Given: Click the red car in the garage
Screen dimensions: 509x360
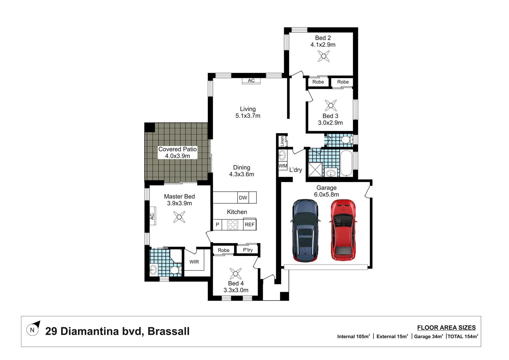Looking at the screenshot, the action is click(x=343, y=230).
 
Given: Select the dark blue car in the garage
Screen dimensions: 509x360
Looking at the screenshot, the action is click(x=305, y=230).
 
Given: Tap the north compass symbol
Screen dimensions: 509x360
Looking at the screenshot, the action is click(x=33, y=328).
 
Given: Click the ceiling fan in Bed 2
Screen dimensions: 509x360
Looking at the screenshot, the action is click(x=324, y=56).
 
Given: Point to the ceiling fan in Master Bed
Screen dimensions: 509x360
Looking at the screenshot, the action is click(x=179, y=217).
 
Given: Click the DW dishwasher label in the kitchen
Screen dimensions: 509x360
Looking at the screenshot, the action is click(x=243, y=198).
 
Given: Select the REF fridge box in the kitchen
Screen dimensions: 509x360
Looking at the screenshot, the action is click(x=250, y=224).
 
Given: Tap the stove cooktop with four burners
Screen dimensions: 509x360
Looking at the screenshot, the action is click(x=233, y=224).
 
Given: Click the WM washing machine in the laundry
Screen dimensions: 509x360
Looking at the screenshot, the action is click(x=283, y=166).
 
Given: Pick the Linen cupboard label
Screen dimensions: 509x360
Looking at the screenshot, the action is click(x=282, y=141).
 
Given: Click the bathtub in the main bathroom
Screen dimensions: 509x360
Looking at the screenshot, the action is click(x=346, y=163).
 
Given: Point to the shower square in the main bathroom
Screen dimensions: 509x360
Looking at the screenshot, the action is click(x=315, y=169).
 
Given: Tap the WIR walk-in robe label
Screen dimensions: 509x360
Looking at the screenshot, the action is click(x=194, y=262).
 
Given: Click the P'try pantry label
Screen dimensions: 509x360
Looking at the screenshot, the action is click(x=248, y=250).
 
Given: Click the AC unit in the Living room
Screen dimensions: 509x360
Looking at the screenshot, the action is click(x=251, y=81).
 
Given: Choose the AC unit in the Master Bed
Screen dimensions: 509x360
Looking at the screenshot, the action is click(x=153, y=216).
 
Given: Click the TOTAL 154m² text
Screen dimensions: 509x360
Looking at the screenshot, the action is click(x=463, y=336).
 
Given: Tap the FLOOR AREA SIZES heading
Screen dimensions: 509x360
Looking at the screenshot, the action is click(x=446, y=328).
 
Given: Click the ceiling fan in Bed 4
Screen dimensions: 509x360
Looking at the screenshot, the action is click(x=236, y=274).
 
